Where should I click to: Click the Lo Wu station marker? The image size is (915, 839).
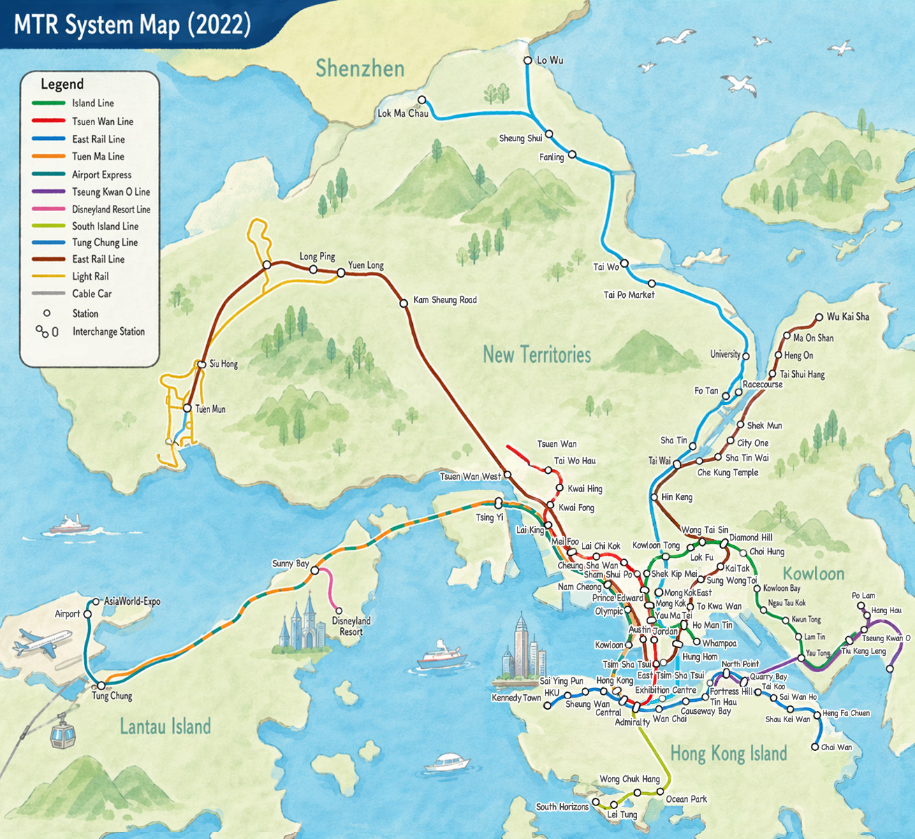[x=528, y=61]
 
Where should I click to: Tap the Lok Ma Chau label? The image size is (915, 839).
[x=403, y=113]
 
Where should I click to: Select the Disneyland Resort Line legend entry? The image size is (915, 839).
[x=110, y=209]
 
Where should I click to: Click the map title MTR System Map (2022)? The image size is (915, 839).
[x=132, y=25]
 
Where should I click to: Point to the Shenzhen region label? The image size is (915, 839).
[x=360, y=69]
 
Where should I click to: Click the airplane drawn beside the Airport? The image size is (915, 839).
[x=42, y=642]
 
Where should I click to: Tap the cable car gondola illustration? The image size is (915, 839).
[x=62, y=734]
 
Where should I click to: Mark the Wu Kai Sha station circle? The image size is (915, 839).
[x=819, y=317]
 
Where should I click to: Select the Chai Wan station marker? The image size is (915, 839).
[x=814, y=747]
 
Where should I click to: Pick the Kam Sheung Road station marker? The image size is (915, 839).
[x=403, y=303]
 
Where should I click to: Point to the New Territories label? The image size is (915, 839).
[x=536, y=355]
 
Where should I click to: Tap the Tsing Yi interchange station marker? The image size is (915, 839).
[x=498, y=503]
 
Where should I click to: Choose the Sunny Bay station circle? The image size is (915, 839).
[x=314, y=571]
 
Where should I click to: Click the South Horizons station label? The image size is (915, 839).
[x=562, y=807]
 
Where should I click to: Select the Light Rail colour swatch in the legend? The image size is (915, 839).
[x=49, y=276]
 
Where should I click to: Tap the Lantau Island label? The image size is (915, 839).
[x=165, y=726]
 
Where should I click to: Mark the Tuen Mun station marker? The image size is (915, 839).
[x=187, y=408]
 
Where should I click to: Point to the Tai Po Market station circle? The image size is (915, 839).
[x=652, y=284]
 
